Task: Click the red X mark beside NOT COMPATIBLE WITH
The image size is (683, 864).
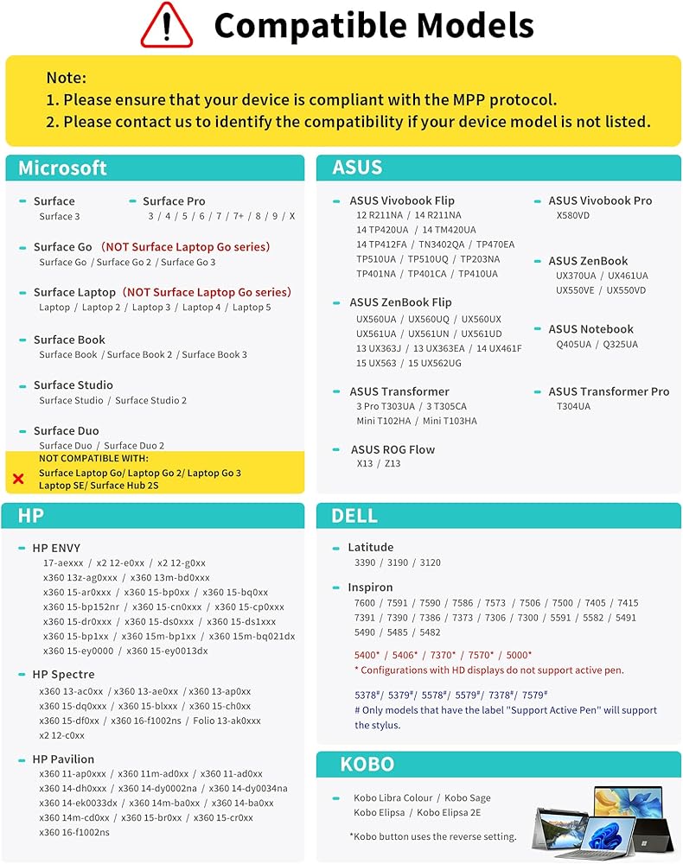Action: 18,478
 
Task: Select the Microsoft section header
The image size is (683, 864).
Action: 63,168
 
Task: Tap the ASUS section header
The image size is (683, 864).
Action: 357,168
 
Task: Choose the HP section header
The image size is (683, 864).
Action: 31,516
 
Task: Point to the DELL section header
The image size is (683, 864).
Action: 354,516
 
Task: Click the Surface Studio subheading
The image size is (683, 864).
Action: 73,385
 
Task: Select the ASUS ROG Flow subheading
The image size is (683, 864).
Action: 393,449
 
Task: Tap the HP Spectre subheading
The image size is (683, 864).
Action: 64,675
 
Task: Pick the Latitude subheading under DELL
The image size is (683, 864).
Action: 371,547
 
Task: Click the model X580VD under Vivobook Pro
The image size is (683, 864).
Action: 573,216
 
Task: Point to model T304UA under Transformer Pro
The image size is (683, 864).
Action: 573,407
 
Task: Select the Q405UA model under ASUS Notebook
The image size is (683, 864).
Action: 574,345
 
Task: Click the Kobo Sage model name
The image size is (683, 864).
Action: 468,798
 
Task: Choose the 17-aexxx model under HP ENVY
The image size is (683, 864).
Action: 63,562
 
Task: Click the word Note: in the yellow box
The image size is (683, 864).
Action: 67,78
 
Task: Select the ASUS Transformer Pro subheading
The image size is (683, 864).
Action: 609,391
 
